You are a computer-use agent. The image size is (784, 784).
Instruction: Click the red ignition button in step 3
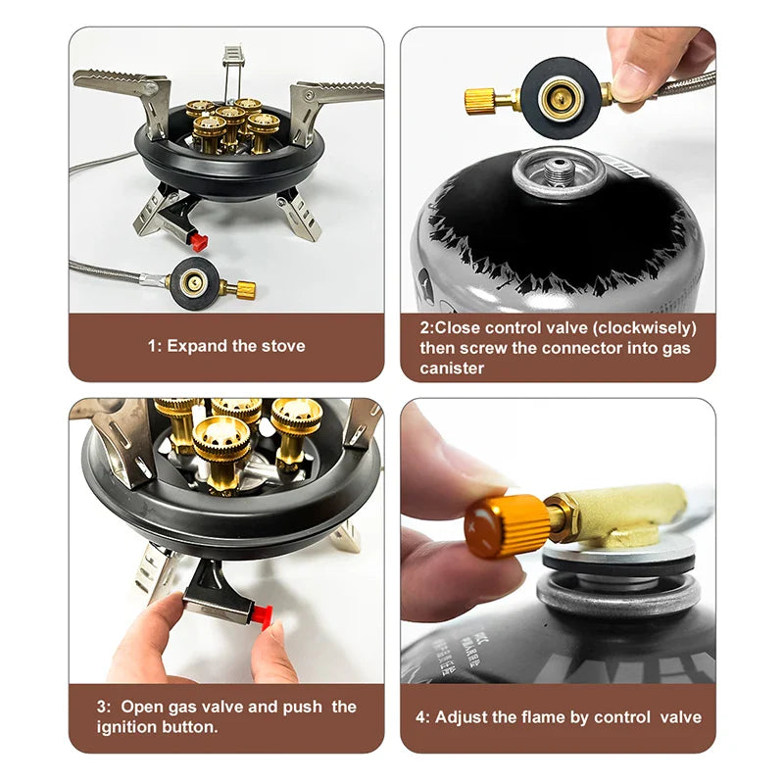point(261,614)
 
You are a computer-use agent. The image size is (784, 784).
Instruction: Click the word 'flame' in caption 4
point(541,716)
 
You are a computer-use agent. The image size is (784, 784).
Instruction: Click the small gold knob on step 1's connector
point(241,289)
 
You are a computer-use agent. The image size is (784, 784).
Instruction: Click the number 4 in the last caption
point(421,716)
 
